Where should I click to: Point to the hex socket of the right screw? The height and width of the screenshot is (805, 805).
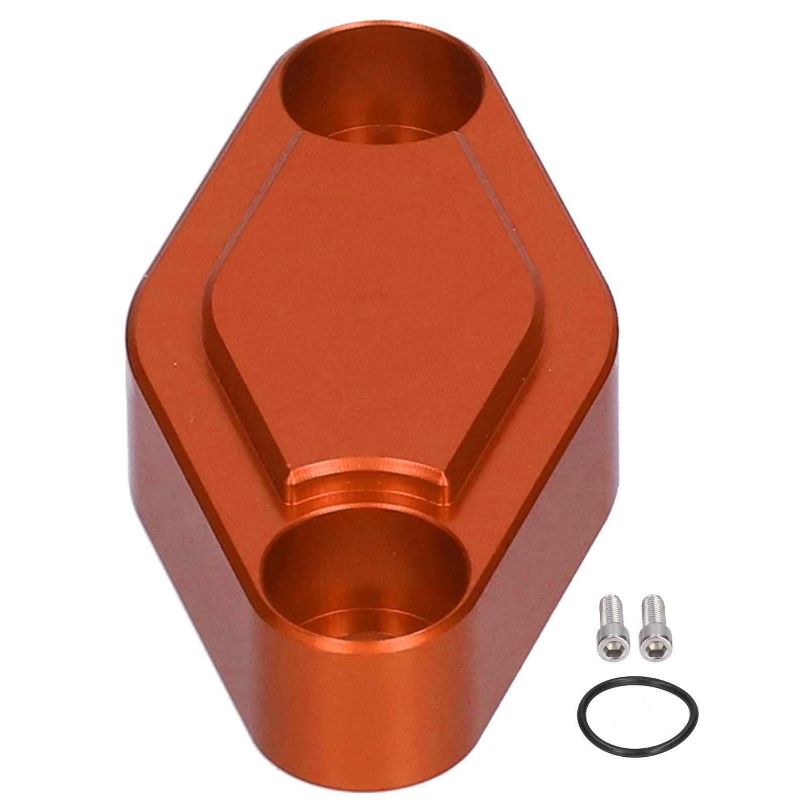650,640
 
